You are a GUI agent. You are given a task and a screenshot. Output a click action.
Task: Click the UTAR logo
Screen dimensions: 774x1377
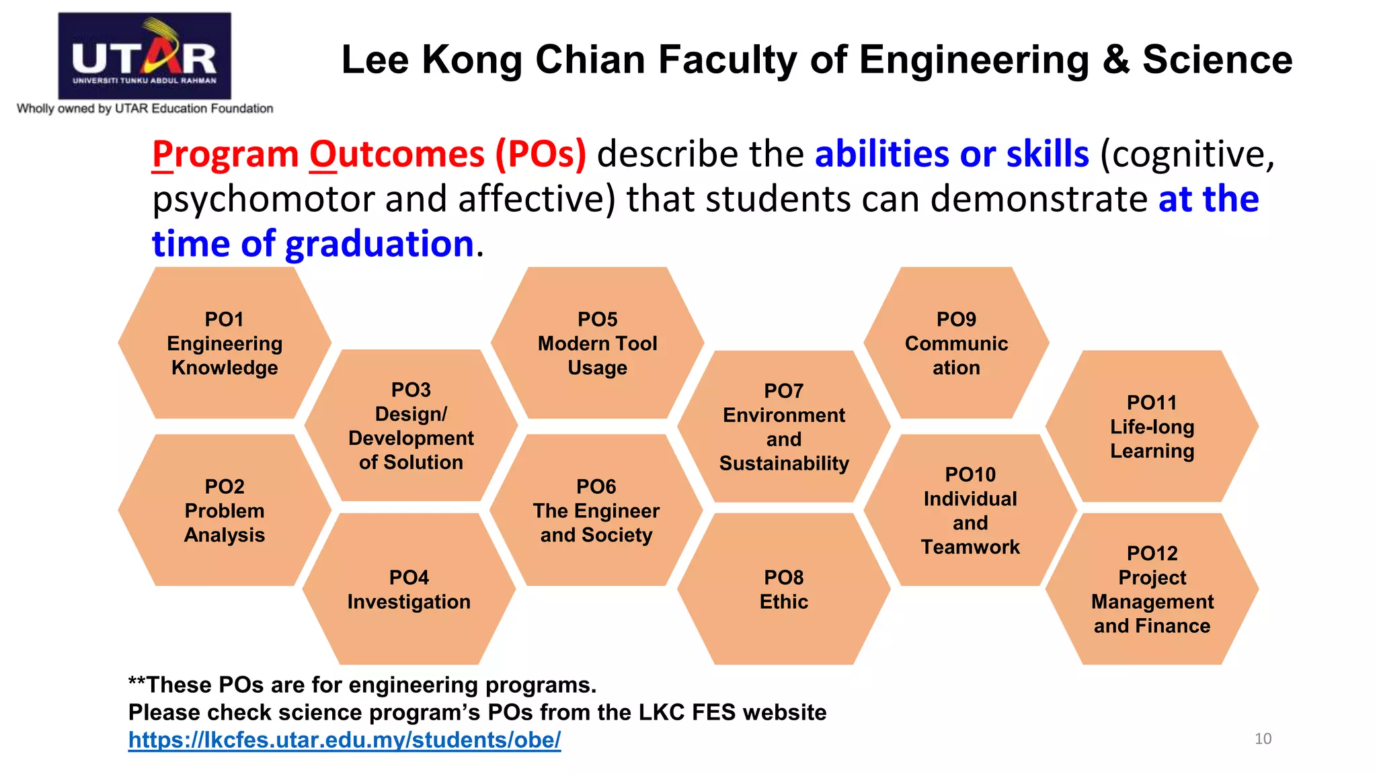point(145,56)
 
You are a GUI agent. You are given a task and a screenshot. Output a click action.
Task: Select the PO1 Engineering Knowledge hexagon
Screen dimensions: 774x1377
point(225,343)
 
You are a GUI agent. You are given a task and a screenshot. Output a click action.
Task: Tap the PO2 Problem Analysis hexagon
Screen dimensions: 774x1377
point(225,511)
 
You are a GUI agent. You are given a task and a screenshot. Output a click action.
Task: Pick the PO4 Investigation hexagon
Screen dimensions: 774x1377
point(409,589)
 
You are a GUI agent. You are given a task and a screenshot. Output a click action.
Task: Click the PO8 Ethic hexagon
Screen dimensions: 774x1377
point(784,589)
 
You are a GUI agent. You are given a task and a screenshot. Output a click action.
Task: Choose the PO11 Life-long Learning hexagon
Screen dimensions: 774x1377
point(1152,427)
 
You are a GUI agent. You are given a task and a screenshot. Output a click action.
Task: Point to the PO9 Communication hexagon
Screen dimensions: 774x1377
point(956,343)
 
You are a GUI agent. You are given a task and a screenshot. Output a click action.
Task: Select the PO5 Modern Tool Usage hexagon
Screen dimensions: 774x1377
point(597,343)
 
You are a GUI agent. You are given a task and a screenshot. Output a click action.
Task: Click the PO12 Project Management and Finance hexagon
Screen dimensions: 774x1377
point(1152,589)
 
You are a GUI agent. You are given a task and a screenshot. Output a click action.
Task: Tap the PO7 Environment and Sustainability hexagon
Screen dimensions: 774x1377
point(784,427)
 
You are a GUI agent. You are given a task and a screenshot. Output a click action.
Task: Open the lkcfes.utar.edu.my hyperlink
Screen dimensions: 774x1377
point(344,740)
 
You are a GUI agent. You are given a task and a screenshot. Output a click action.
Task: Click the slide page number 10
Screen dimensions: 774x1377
point(1263,739)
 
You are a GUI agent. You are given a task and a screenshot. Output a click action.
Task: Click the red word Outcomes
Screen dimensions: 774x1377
point(397,155)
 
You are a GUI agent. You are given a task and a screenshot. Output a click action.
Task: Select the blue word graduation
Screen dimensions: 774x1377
point(379,243)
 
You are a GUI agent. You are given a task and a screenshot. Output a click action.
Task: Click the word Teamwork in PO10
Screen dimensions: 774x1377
point(970,547)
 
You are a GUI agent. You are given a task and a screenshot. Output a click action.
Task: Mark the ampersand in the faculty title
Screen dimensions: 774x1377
point(1115,60)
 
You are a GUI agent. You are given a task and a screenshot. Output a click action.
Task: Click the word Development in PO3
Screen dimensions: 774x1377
point(411,438)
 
